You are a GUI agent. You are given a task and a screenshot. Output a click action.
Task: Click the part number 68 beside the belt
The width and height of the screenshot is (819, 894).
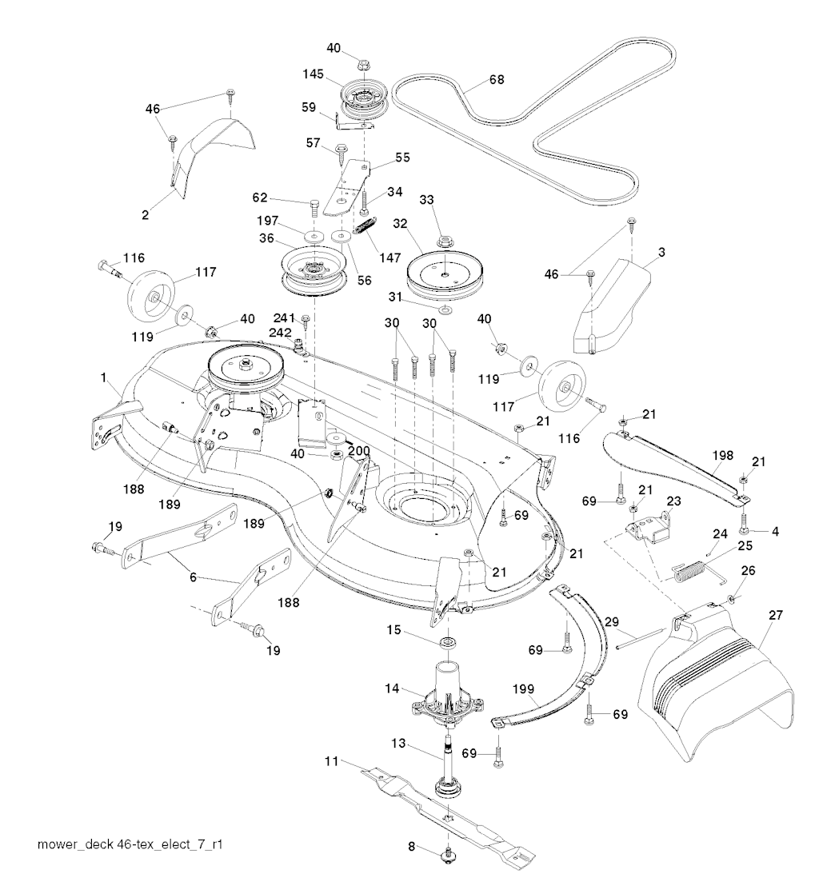coord(497,80)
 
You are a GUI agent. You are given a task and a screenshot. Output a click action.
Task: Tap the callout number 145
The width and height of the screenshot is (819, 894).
coord(314,74)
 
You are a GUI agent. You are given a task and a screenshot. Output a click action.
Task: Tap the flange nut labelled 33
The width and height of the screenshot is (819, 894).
coord(444,238)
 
